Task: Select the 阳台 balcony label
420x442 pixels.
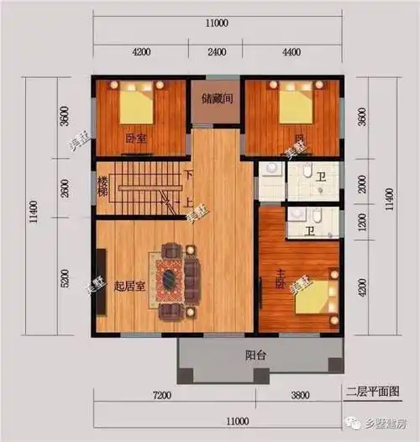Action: point(256,356)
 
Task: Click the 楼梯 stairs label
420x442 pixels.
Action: point(103,187)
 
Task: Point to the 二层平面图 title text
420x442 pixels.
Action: point(372,392)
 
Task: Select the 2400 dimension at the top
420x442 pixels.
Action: point(217,52)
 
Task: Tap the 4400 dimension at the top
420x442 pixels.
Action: point(291,52)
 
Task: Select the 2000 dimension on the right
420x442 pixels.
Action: point(363,185)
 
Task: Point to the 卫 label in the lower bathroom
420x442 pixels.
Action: point(309,231)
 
